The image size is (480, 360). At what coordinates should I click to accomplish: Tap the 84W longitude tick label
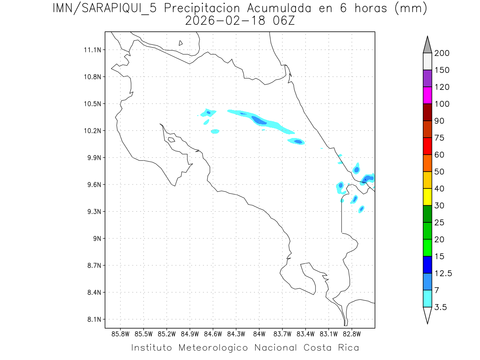click(259, 334)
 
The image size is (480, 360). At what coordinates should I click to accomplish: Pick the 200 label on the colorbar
click(442, 53)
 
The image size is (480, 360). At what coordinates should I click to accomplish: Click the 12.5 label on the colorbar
click(444, 273)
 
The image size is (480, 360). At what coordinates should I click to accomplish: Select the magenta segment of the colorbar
click(427, 95)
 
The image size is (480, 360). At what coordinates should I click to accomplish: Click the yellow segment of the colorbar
click(427, 197)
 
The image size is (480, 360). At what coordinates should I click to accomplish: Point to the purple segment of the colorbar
click(427, 78)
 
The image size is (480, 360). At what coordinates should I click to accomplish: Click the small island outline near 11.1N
click(181, 43)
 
